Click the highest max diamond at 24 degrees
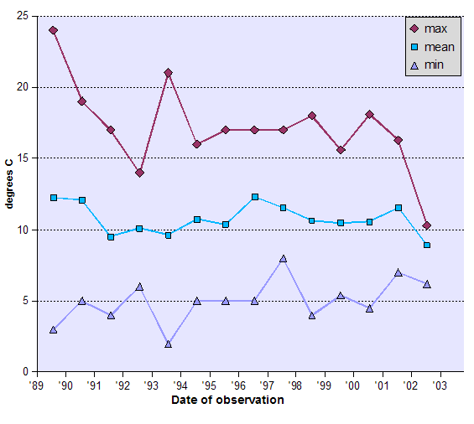coord(54,30)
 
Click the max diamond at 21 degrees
coord(169,73)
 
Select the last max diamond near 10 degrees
coord(427,225)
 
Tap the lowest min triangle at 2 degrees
coord(169,344)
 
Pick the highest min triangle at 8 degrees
coord(284,258)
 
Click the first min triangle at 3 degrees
coord(54,329)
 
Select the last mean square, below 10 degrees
coord(427,245)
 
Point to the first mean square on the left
coord(54,198)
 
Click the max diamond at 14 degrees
coord(139,173)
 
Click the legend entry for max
coord(431,29)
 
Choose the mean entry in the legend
coord(431,47)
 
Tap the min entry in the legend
coord(431,65)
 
